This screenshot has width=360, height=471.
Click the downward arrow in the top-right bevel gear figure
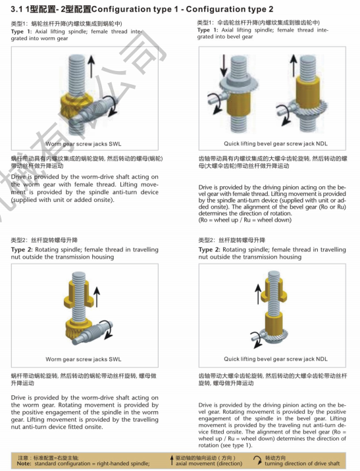coord(223,66)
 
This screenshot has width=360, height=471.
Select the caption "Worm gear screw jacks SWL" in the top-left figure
coord(83,144)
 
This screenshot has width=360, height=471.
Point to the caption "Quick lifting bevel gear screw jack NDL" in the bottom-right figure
coord(276,359)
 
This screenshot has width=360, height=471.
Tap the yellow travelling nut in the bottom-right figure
coord(274,289)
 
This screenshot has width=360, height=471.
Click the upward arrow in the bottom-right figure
coord(258,294)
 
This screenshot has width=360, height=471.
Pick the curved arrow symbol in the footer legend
coord(257,460)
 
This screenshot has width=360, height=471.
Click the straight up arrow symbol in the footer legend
coord(172,460)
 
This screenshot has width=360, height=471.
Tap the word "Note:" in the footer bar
coord(24,464)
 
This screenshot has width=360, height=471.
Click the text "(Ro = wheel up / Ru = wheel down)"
coord(245,220)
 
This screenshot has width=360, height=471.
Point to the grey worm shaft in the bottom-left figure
coord(93,332)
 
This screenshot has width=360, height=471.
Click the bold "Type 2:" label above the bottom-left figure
coord(22,249)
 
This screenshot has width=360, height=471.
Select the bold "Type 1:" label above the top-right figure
coord(208,30)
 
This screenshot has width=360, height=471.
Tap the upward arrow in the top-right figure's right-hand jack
coord(293,66)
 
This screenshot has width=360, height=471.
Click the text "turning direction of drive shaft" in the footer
coord(302,464)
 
